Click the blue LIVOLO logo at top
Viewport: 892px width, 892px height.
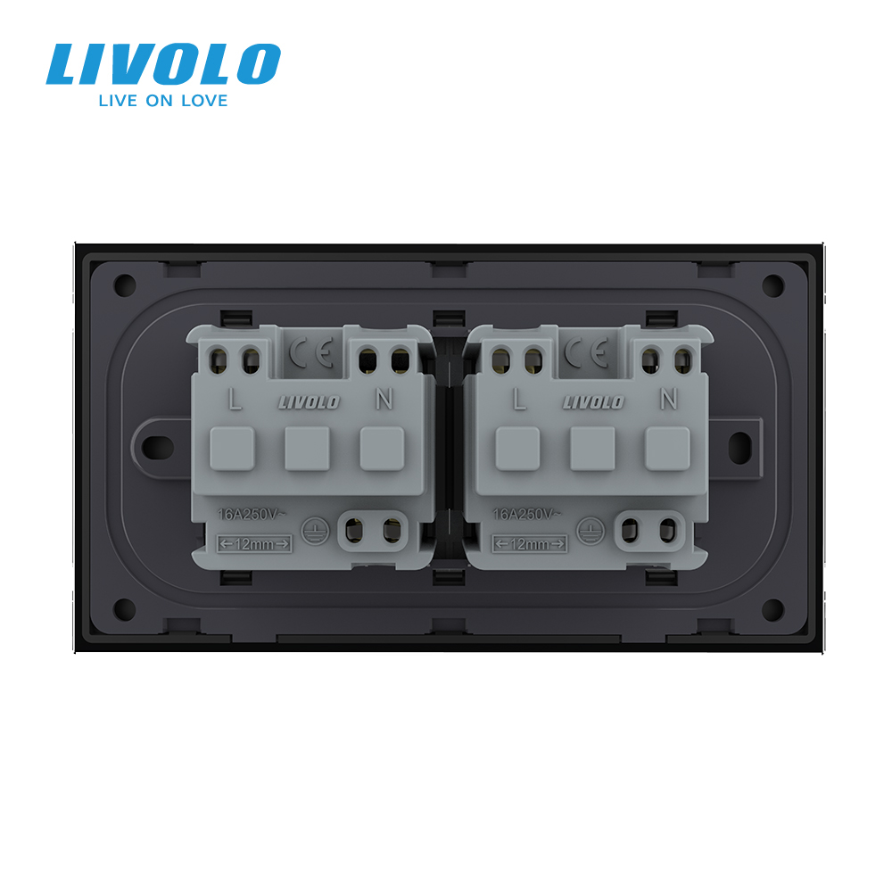[x=163, y=63]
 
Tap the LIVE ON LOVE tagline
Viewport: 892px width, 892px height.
[x=163, y=101]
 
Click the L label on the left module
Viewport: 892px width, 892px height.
[x=235, y=399]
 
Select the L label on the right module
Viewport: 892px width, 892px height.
[x=519, y=399]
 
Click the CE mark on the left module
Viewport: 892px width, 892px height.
[x=311, y=352]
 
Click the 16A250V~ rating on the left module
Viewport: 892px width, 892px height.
[x=251, y=515]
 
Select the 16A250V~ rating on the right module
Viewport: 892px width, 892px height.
[x=525, y=515]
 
